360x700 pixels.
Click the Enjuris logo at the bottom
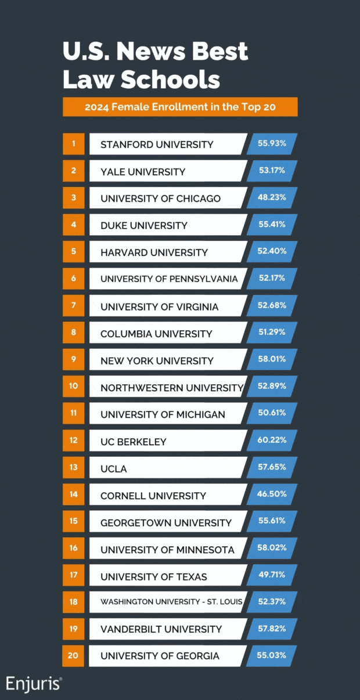pyautogui.click(x=34, y=683)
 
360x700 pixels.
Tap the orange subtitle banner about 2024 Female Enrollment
pyautogui.click(x=180, y=107)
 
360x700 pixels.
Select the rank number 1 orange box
pyautogui.click(x=74, y=144)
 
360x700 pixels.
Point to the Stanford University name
pyautogui.click(x=157, y=145)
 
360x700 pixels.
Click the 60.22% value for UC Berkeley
pyautogui.click(x=272, y=441)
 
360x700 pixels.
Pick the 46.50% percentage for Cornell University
pyautogui.click(x=272, y=495)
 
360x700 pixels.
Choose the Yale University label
pyautogui.click(x=143, y=172)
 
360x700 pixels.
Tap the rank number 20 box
pyautogui.click(x=74, y=656)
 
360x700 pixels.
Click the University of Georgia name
pyautogui.click(x=160, y=656)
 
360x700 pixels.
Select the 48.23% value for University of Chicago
pyautogui.click(x=272, y=198)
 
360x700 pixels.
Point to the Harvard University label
pyautogui.click(x=154, y=252)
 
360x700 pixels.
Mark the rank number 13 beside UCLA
pyautogui.click(x=74, y=468)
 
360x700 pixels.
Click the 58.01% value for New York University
pyautogui.click(x=272, y=360)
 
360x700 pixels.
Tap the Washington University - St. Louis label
pyautogui.click(x=171, y=602)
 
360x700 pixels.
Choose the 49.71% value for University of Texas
pyautogui.click(x=272, y=576)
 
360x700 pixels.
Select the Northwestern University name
pyautogui.click(x=171, y=387)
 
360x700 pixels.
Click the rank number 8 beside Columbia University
pyautogui.click(x=74, y=333)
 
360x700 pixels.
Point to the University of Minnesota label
pyautogui.click(x=167, y=549)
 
